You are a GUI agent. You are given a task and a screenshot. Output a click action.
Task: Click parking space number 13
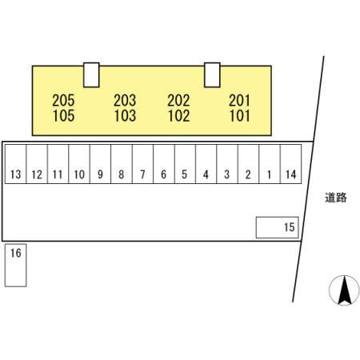click(15, 164)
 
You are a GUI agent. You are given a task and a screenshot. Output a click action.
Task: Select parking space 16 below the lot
click(15, 266)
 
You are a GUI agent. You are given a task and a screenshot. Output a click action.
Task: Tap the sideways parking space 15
click(277, 227)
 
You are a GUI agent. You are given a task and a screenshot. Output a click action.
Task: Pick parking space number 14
click(291, 164)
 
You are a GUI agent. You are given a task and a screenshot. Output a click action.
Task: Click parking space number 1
click(270, 164)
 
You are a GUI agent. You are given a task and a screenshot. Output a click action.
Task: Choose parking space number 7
click(142, 164)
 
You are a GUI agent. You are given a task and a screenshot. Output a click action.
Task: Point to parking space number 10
click(79, 164)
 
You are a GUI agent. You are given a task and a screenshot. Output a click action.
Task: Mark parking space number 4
click(206, 164)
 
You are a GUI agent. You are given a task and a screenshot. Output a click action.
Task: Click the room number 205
click(63, 101)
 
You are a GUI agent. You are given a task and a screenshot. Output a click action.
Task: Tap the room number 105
click(63, 116)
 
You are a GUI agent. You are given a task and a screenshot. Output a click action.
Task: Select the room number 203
click(125, 101)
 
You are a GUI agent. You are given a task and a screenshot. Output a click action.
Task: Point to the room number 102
click(178, 116)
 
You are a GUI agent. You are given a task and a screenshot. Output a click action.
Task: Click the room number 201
click(239, 101)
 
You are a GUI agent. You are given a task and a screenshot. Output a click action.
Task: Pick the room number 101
click(240, 116)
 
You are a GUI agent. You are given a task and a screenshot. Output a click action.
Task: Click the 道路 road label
click(336, 198)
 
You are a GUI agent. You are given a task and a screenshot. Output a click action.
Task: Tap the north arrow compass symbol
click(344, 290)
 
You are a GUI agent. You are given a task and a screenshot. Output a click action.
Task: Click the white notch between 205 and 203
click(91, 75)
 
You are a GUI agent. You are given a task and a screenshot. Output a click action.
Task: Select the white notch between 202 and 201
click(212, 75)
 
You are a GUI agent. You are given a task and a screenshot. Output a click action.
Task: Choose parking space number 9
click(100, 164)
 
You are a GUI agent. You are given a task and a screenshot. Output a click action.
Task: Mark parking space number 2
click(248, 164)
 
